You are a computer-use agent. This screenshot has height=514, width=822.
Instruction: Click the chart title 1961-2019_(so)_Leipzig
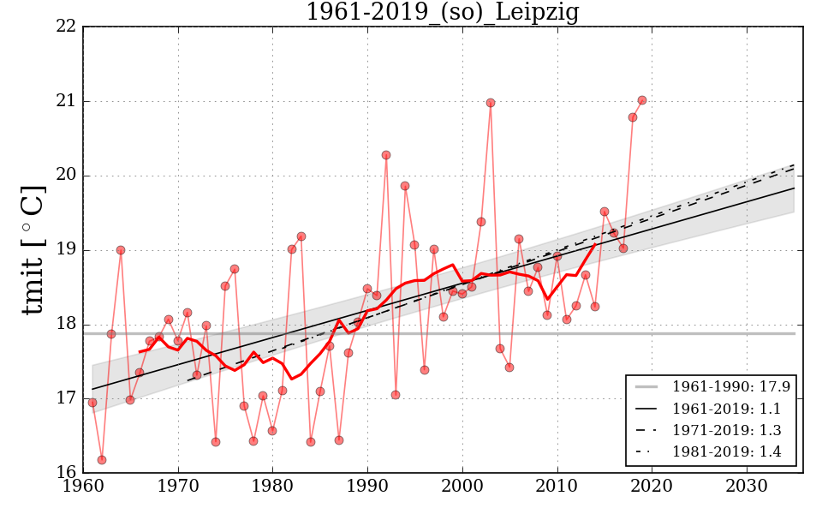click(x=442, y=13)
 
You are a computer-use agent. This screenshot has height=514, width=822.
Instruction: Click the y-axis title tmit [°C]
click(x=33, y=249)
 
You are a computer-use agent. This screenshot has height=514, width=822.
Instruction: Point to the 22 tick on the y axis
click(x=72, y=27)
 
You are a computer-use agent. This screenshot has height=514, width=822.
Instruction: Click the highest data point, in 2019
click(x=642, y=100)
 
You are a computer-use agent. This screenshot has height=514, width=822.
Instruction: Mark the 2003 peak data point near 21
click(x=491, y=103)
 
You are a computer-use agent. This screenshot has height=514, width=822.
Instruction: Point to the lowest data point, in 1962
click(x=102, y=460)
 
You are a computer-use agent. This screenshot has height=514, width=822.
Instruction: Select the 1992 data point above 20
click(x=386, y=155)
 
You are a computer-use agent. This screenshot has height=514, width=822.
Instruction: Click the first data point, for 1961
click(x=92, y=403)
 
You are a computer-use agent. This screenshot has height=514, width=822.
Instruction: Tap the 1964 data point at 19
click(x=121, y=250)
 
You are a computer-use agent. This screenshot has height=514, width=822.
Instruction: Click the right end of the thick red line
click(x=595, y=244)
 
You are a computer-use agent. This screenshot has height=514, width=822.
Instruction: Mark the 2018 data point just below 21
click(x=633, y=117)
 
